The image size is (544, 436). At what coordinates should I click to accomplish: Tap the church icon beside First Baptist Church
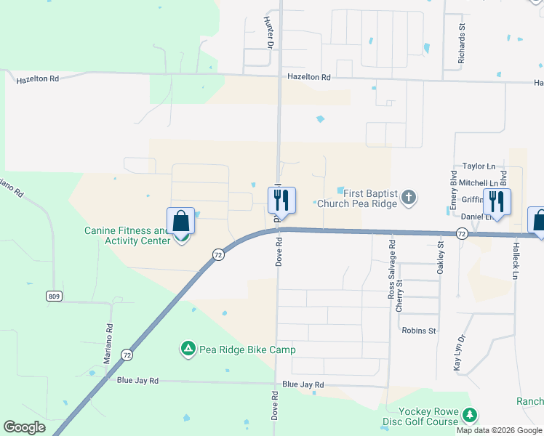(x=409, y=197)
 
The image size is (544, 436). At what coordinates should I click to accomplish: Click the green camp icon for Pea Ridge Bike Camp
(x=188, y=350)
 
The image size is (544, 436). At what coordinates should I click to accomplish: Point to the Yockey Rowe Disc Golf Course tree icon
(x=471, y=415)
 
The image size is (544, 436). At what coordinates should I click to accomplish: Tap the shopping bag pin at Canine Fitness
(x=181, y=222)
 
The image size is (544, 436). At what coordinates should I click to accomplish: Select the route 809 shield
(x=52, y=296)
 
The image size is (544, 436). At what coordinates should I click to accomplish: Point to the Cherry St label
(x=399, y=296)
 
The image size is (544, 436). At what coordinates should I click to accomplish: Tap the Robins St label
(x=418, y=330)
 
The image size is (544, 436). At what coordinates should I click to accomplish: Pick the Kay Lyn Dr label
(x=458, y=353)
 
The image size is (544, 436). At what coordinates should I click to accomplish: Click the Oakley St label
(x=440, y=258)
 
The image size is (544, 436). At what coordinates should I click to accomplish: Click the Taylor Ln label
(x=468, y=167)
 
